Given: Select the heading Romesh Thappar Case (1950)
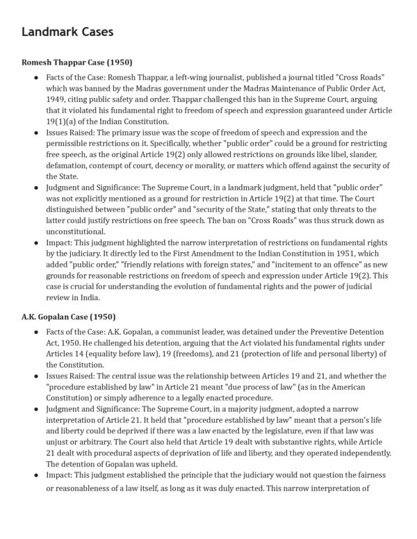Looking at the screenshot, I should coord(77,63).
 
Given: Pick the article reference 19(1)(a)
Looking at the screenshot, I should coord(63,122).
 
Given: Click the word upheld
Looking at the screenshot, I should coord(172,465).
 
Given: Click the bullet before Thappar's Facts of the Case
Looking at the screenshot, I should coord(36,77).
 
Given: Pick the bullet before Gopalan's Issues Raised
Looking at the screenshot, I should coord(36,376).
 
